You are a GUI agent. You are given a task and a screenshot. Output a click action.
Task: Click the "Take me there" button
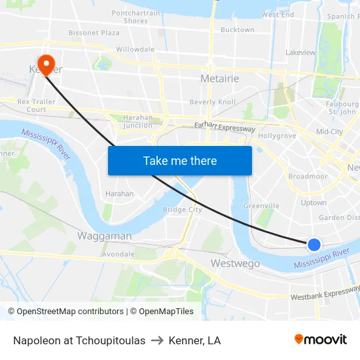coord(180,160)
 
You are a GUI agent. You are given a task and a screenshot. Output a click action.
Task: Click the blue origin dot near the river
coord(314,244)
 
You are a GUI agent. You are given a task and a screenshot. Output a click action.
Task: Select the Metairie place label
coord(219,79)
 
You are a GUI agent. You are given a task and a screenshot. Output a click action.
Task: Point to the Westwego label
coord(235,263)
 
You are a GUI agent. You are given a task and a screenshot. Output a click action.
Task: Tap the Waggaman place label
coord(105,236)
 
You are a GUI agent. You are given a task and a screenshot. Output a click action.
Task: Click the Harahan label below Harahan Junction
coord(119,194)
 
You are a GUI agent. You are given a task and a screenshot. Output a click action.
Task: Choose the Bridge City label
coord(182,209)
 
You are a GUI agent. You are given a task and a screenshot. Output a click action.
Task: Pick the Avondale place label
coord(118,254)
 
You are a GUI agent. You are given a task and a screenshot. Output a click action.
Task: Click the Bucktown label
coord(237,29)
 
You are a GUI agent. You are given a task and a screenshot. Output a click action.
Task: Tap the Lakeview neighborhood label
coord(300,52)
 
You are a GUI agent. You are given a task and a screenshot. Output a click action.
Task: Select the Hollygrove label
coord(278,136)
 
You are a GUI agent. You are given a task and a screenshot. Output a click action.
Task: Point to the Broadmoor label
coord(308,176)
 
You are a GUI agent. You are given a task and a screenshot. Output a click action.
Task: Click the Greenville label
coord(261,206)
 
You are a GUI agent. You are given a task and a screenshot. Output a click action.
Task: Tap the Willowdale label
coord(135,49)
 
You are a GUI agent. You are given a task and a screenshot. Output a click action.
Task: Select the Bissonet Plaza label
coord(94,32)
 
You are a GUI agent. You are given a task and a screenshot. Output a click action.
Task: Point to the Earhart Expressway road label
coord(225,127)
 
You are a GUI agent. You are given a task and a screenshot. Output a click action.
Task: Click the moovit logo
coord(321,339)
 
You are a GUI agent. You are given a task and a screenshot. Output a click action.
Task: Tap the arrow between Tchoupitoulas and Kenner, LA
coord(157,340)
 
